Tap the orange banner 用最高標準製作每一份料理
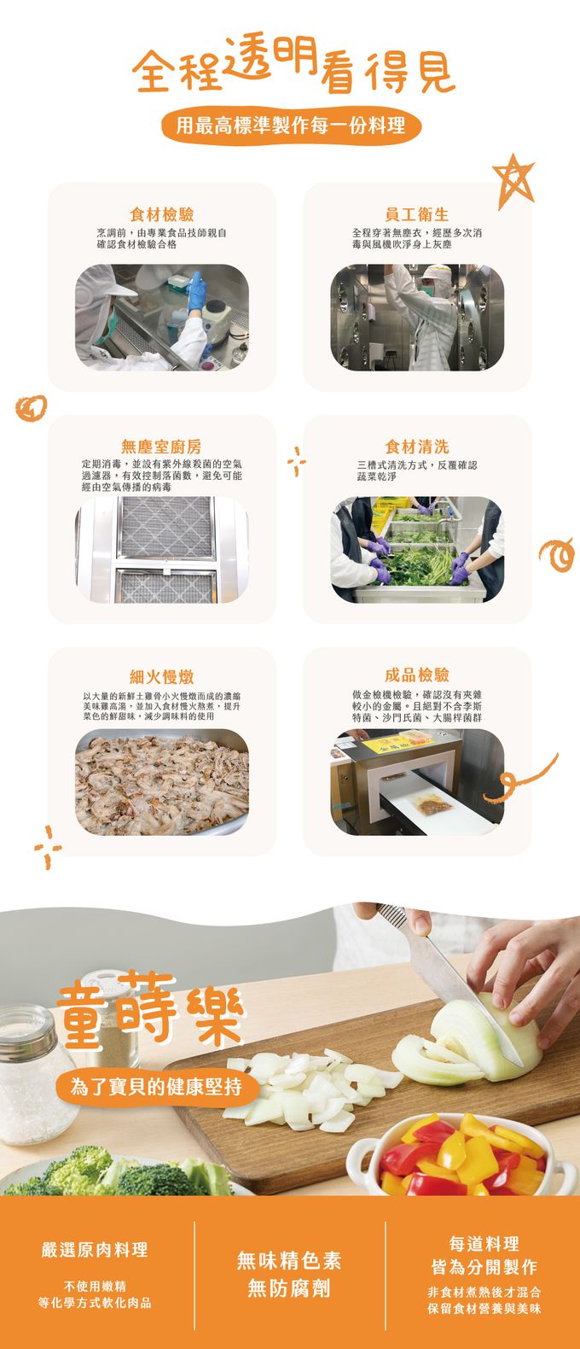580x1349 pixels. coord(290,126)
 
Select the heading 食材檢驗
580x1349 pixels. coord(161,214)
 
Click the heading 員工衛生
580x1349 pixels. coord(417,214)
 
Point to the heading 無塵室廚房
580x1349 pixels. coord(161,447)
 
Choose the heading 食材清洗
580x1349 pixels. coord(417,447)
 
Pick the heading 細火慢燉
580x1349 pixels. coord(161,677)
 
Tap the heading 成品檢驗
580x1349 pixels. coord(417,675)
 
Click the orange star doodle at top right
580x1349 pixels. coord(514,179)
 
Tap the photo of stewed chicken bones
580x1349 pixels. coord(162,782)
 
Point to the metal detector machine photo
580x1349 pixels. coord(417,782)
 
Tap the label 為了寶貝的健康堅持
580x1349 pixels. coord(155,1086)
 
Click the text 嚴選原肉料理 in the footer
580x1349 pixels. coord(95,1250)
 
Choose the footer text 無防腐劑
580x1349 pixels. coord(289,1288)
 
